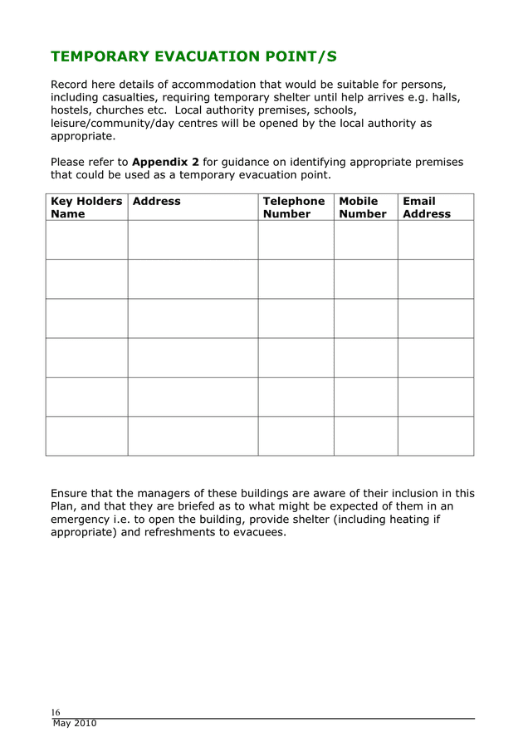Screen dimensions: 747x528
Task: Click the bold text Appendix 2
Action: click(x=165, y=162)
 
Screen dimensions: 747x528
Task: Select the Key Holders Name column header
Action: click(x=86, y=207)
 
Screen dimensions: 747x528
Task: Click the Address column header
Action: click(x=156, y=202)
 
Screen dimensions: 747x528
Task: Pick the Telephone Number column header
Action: click(x=294, y=207)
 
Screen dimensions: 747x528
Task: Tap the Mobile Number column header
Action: click(x=363, y=207)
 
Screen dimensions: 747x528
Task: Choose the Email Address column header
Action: click(x=427, y=207)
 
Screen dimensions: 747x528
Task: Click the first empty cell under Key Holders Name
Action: click(x=86, y=240)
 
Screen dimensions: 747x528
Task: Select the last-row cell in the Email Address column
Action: click(x=435, y=436)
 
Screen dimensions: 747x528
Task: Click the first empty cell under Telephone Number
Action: click(x=296, y=240)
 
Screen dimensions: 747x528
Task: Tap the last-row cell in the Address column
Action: click(x=193, y=436)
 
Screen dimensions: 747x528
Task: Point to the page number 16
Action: click(x=56, y=712)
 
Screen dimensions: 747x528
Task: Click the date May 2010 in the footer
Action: click(x=75, y=724)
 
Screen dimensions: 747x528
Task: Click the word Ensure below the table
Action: click(x=71, y=493)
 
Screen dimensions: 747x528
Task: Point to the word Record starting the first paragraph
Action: click(x=71, y=84)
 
